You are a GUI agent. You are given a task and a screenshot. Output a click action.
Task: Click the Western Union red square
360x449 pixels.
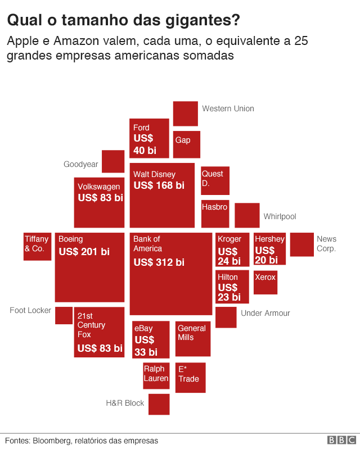point(185,114)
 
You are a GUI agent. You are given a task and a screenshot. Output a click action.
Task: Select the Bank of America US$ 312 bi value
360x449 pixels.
point(159,262)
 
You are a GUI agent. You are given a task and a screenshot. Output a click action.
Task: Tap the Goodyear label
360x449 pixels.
point(80,165)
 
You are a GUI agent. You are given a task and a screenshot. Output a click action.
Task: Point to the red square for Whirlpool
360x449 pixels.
point(247,215)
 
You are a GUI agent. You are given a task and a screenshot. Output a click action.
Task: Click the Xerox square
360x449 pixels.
point(265,283)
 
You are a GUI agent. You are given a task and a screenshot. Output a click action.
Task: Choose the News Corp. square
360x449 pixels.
point(302,244)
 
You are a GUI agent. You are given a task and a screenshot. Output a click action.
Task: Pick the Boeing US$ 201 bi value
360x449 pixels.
point(84,252)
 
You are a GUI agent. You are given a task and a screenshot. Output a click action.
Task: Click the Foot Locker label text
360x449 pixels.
point(30,310)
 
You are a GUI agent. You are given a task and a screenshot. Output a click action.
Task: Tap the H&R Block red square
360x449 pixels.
point(159,405)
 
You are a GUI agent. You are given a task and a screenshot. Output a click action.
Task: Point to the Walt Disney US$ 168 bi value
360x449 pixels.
point(159,185)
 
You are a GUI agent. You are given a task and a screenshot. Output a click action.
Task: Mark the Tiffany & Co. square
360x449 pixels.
point(37,246)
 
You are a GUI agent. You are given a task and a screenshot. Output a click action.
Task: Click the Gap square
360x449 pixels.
point(187,144)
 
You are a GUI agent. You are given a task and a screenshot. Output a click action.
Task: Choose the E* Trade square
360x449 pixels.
point(191,378)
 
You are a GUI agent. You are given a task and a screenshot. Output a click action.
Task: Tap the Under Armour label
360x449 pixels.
point(265,313)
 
